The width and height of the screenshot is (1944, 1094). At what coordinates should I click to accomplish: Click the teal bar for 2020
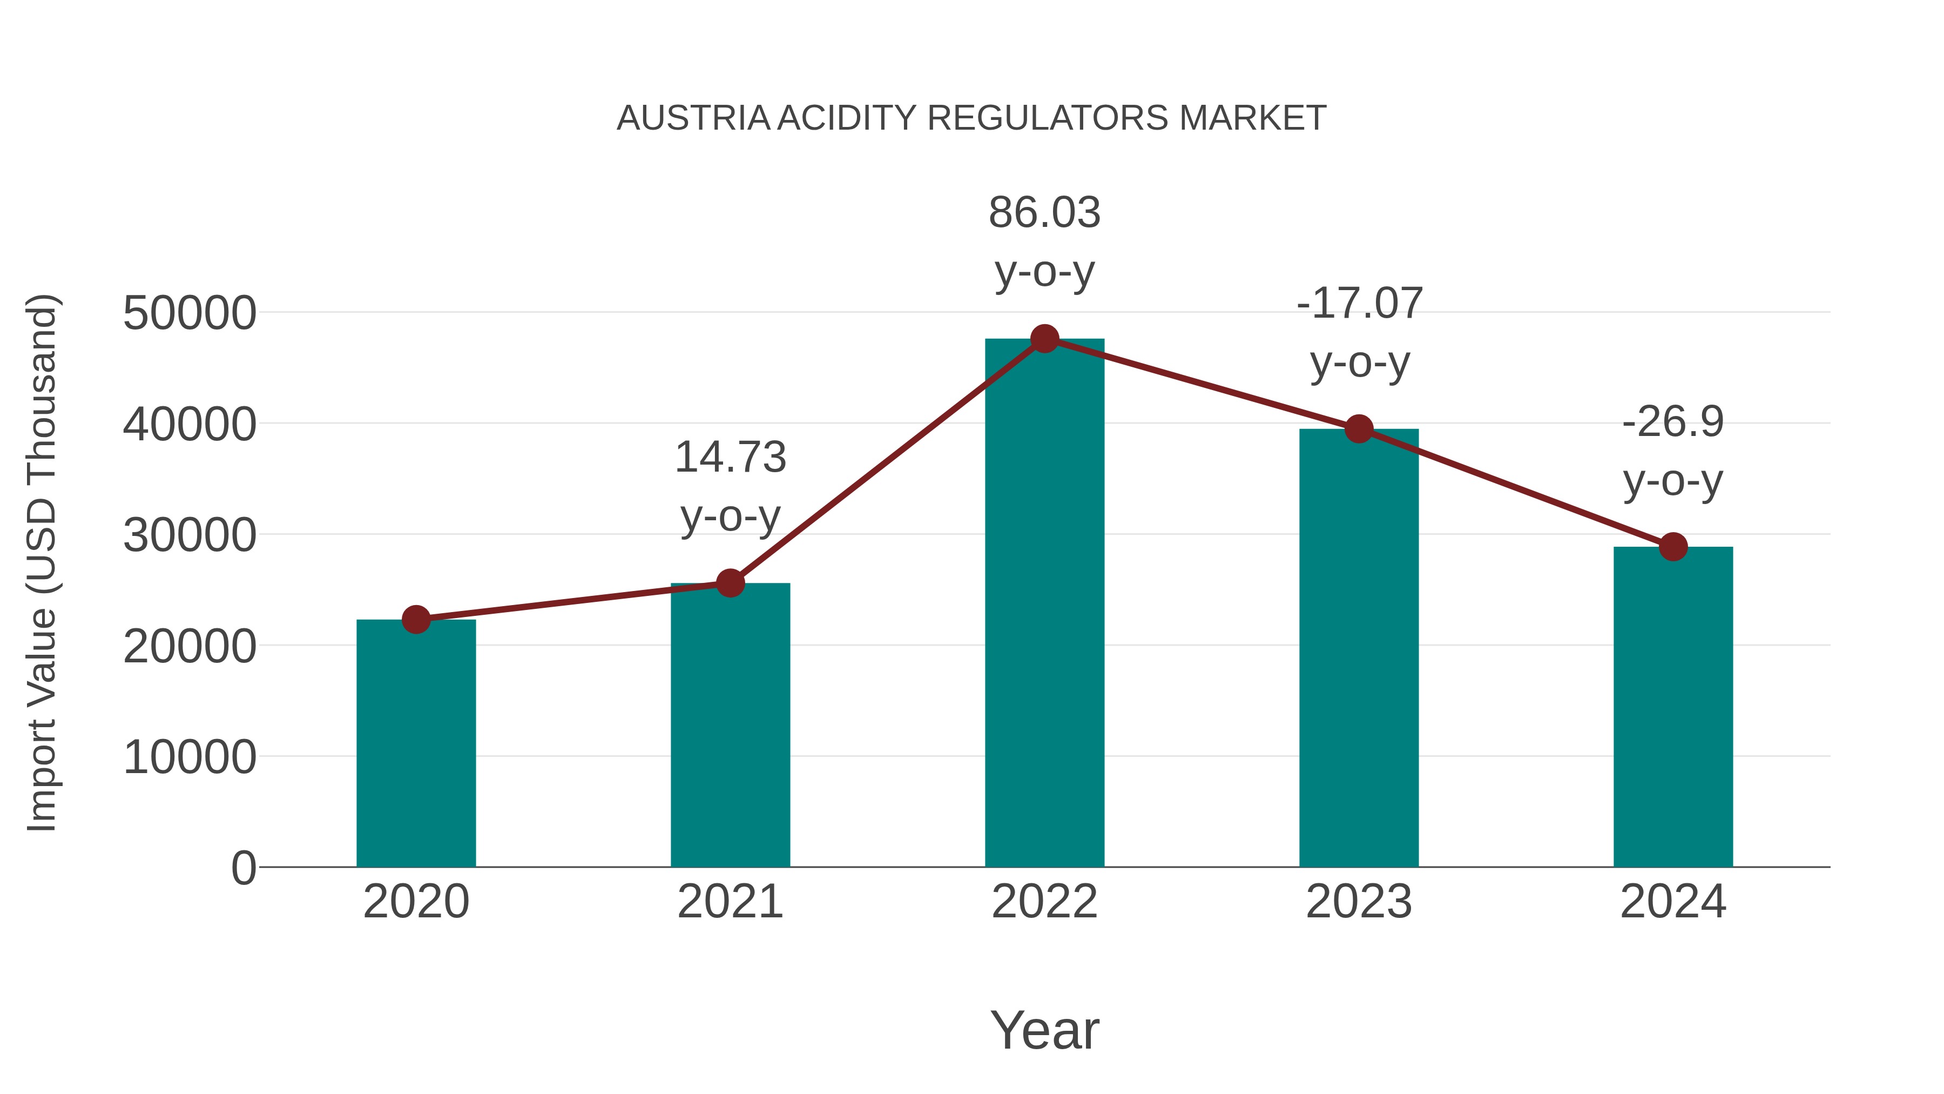[416, 744]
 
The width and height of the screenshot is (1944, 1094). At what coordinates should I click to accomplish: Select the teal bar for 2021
[730, 725]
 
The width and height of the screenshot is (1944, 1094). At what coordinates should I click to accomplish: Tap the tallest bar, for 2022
[1044, 604]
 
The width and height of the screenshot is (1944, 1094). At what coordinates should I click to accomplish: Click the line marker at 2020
[416, 620]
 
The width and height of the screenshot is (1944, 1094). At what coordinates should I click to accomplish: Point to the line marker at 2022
[1044, 339]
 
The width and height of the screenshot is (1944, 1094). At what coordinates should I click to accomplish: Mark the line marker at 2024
[1673, 547]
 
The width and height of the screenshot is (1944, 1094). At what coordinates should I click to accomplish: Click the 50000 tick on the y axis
[190, 313]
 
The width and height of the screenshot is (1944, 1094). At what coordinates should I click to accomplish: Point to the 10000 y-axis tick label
[190, 757]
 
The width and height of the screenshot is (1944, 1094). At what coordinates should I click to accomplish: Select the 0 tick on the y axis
[244, 868]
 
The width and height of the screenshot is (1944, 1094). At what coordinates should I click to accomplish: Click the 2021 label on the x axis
[730, 902]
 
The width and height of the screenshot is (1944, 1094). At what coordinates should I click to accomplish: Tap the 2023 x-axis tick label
[1359, 902]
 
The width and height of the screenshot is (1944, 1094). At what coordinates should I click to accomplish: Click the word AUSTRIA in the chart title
[693, 118]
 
